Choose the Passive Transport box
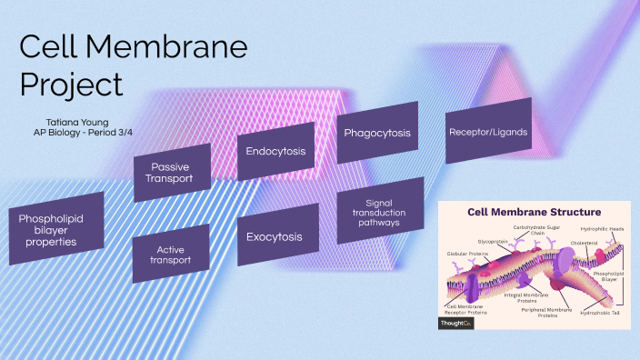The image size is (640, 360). (x=172, y=173)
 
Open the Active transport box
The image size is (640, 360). (x=172, y=254)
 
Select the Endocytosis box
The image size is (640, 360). (x=275, y=151)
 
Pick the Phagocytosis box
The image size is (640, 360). (x=377, y=133)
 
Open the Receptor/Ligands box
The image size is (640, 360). (x=487, y=132)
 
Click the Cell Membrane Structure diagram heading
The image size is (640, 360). (x=534, y=212)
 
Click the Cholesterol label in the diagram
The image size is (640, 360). (x=584, y=243)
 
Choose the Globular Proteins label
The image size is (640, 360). (x=464, y=253)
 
